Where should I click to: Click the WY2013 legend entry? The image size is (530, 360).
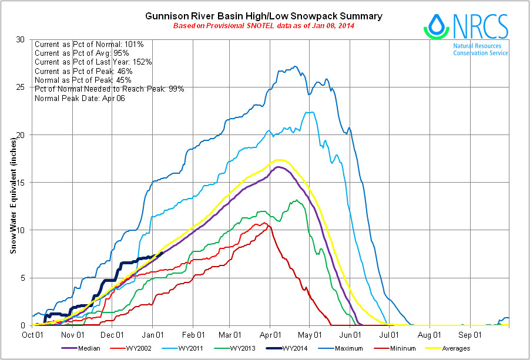pyautogui.click(x=276, y=349)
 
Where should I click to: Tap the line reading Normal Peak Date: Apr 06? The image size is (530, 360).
pyautogui.click(x=80, y=98)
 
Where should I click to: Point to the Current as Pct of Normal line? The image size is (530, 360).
pyautogui.click(x=93, y=44)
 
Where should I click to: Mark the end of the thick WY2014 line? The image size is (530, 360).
pyautogui.click(x=162, y=254)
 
